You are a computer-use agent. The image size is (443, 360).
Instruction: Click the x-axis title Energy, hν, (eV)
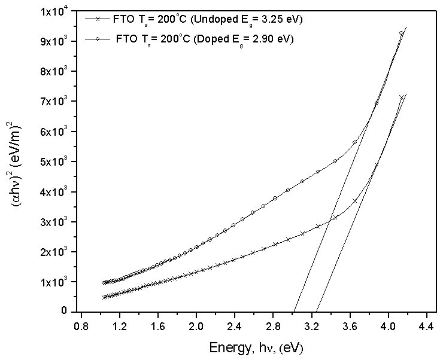point(259,347)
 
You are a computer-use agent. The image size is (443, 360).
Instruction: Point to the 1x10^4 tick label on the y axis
point(55,11)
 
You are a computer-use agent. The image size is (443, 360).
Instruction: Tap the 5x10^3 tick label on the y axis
point(55,161)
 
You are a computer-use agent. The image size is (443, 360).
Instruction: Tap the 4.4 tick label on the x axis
point(426,327)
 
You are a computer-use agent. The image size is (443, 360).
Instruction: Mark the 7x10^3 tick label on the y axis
point(55,102)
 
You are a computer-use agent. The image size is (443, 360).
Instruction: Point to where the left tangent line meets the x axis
point(295,311)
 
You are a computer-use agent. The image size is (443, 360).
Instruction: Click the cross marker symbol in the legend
point(98,19)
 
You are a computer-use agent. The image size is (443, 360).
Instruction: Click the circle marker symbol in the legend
point(98,39)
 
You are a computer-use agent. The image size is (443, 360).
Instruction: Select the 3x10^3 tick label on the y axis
point(55,222)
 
